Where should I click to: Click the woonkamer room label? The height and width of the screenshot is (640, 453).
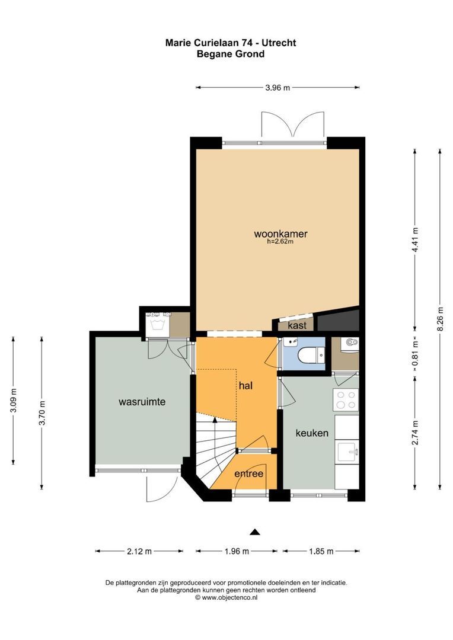[x=280, y=233]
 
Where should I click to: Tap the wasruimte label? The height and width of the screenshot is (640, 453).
[x=142, y=402]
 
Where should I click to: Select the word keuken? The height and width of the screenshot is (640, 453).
[x=312, y=433]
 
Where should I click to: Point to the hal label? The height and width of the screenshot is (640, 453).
[x=245, y=386]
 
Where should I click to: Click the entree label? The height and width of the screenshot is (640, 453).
[x=248, y=473]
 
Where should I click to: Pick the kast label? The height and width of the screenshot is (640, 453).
[x=296, y=325]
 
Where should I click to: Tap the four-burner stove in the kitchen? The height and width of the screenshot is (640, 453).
[x=346, y=400]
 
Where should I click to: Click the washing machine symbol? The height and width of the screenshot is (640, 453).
[x=157, y=322]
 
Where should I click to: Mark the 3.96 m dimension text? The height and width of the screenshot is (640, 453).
[x=277, y=88]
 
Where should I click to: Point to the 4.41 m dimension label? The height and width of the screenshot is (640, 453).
[x=415, y=239]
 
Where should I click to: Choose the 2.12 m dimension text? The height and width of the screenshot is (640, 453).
[x=139, y=551]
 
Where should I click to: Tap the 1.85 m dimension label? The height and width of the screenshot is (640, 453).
[x=321, y=551]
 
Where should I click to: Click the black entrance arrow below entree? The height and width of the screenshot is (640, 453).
[x=255, y=532]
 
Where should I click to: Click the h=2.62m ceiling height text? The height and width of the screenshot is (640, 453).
[x=280, y=242]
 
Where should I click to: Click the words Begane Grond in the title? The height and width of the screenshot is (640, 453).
[x=231, y=54]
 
